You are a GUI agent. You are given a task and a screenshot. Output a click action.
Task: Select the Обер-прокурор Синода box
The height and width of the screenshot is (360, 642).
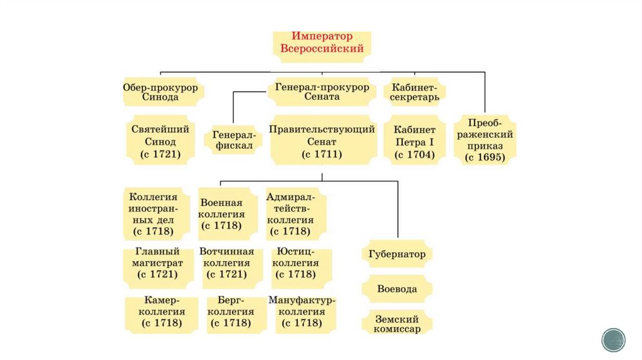(160, 92)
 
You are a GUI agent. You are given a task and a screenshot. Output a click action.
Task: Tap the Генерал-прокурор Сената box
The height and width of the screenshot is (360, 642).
(322, 92)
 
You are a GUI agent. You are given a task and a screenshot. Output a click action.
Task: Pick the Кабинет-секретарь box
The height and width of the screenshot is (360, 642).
(415, 92)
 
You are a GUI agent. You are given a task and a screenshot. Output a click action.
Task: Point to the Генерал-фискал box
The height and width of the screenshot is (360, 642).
(233, 140)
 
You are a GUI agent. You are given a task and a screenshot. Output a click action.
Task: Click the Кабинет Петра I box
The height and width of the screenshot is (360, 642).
(414, 140)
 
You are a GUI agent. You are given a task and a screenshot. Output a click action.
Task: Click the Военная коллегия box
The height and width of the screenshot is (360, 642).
(228, 214)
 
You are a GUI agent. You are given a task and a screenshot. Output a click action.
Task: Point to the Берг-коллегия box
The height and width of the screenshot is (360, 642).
(231, 312)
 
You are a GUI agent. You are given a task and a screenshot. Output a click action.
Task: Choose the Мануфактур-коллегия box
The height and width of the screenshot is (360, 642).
(302, 312)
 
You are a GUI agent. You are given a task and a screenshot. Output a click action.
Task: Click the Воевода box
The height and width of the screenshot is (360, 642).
(397, 289)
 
